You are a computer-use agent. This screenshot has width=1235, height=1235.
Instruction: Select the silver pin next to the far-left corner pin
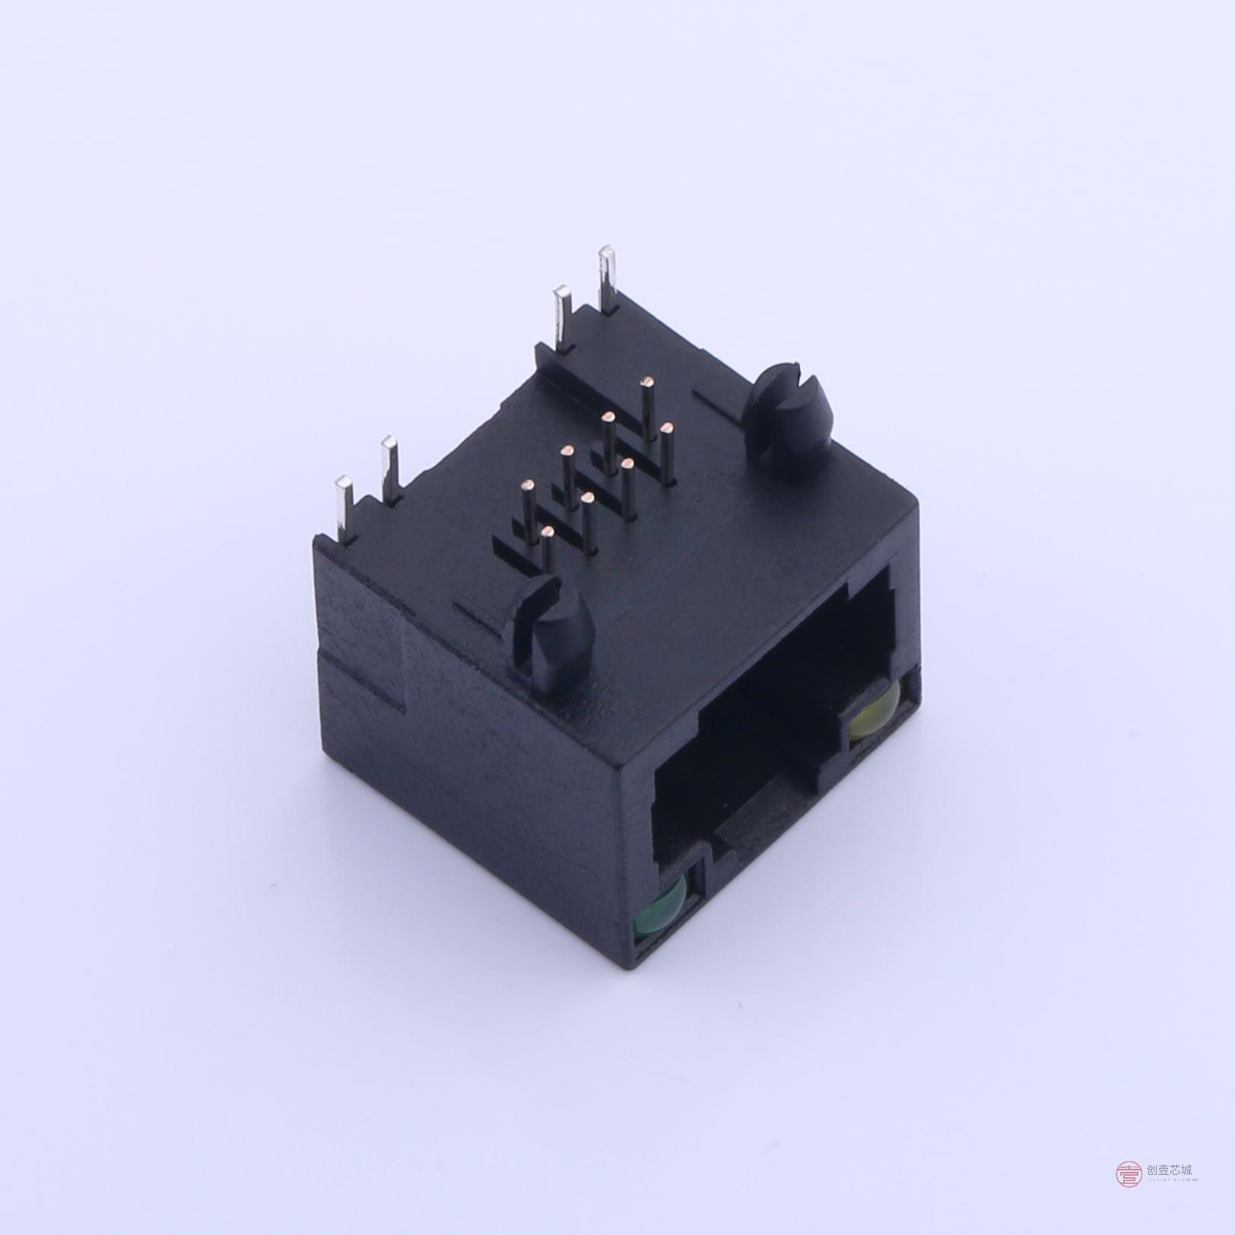[389, 468]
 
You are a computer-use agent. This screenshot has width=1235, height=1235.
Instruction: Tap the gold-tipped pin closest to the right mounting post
[667, 428]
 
